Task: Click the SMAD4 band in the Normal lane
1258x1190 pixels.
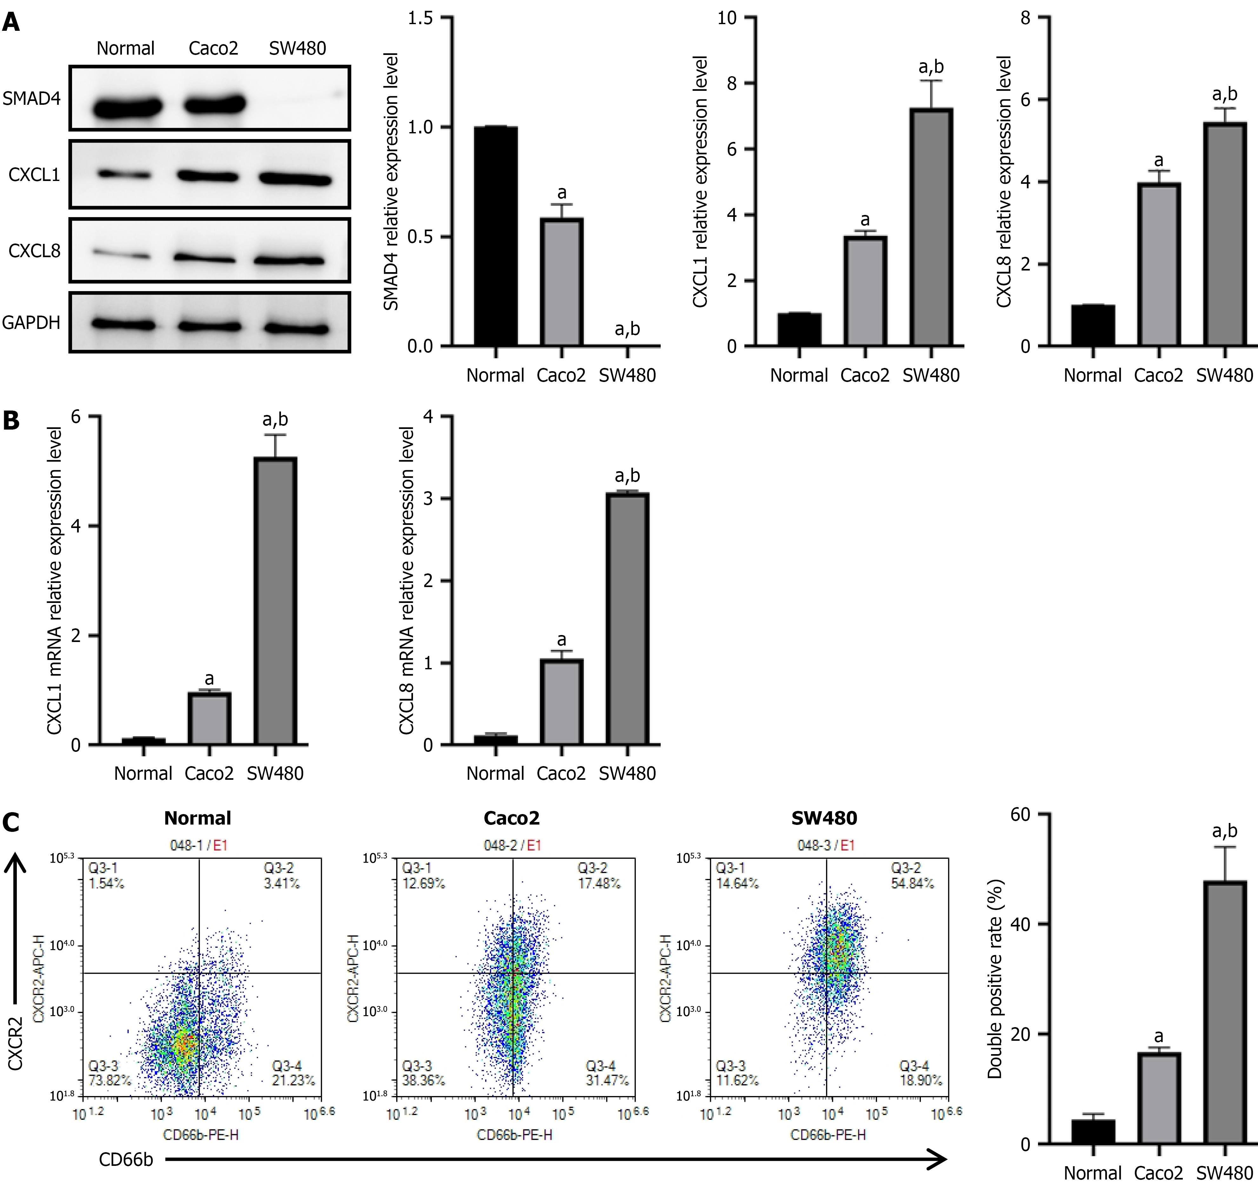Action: pos(127,108)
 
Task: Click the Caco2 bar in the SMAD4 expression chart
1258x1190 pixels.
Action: pos(561,282)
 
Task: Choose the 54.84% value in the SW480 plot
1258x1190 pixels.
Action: pos(912,883)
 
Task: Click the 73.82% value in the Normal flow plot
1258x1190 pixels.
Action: pos(109,1080)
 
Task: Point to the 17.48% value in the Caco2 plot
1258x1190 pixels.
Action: pos(599,883)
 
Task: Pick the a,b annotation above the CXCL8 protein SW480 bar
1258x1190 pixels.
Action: pos(1224,95)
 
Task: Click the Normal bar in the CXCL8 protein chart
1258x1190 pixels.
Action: pos(1093,325)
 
